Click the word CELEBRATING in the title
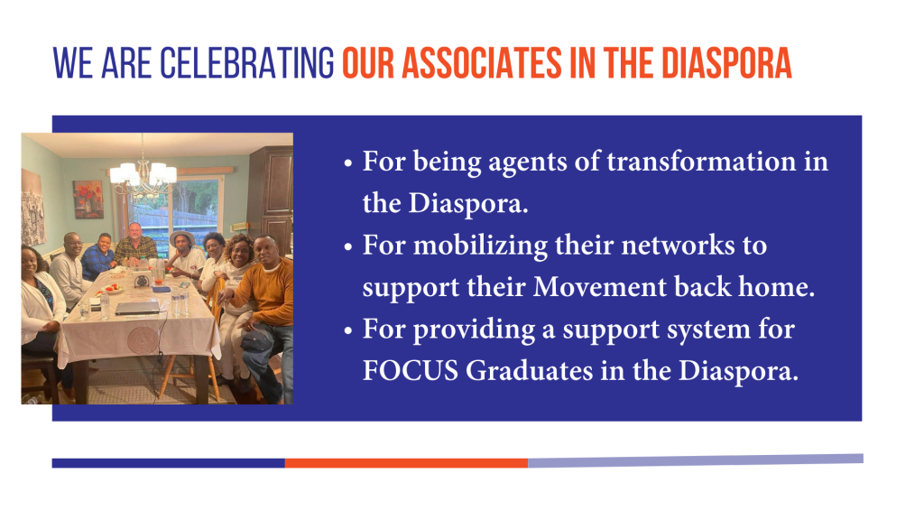click(247, 63)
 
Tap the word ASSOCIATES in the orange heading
click(483, 63)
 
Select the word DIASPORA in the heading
click(726, 63)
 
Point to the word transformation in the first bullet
click(701, 161)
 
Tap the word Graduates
click(529, 371)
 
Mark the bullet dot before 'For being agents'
click(348, 163)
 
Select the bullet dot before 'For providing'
click(348, 330)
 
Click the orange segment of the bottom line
click(406, 463)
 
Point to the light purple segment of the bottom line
click(696, 460)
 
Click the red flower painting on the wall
click(88, 200)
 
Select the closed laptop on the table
click(137, 307)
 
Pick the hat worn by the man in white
click(182, 237)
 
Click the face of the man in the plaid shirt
click(135, 233)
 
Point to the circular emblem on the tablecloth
click(143, 340)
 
